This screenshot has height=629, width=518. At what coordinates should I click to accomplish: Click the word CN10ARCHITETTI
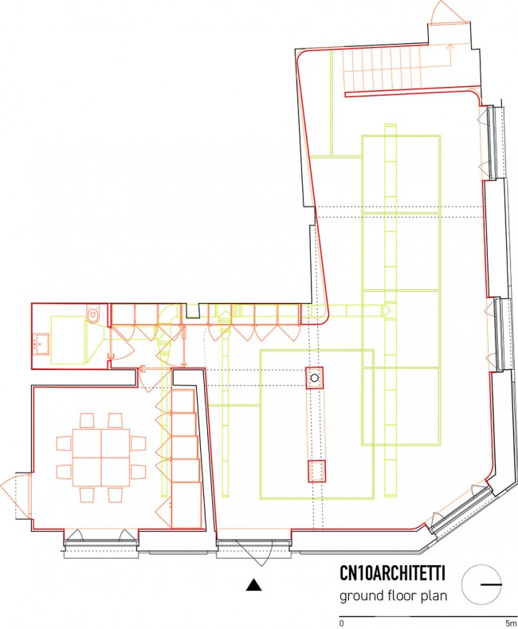click(393, 574)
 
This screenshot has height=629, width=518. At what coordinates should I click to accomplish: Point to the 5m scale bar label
click(511, 623)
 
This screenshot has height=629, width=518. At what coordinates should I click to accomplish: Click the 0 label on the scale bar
click(342, 623)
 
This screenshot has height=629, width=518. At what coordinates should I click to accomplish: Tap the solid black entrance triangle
click(253, 585)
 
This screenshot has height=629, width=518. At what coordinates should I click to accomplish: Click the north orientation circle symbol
click(481, 585)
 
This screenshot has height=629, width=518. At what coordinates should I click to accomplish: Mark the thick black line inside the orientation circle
click(491, 585)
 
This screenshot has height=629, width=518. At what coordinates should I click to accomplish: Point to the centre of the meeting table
click(101, 458)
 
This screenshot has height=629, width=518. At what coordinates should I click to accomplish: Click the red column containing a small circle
click(315, 378)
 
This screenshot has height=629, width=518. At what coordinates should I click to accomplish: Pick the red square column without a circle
click(316, 471)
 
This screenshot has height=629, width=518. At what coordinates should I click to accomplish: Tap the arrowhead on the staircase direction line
click(450, 47)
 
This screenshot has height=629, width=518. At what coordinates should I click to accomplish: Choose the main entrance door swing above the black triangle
click(249, 552)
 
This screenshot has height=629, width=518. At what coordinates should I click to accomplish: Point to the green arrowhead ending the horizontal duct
click(387, 310)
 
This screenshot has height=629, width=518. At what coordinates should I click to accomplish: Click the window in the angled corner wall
click(461, 509)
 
